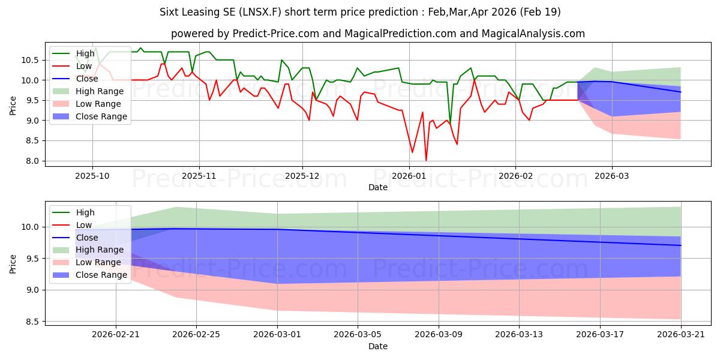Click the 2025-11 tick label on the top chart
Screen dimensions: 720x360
[x=199, y=176]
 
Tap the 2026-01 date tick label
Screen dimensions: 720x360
[x=409, y=176]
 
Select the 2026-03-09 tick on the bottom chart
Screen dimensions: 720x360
[x=439, y=335]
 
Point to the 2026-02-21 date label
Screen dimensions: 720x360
[x=116, y=335]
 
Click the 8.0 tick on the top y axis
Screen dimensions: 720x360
[x=32, y=161]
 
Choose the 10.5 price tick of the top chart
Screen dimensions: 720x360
[x=30, y=60]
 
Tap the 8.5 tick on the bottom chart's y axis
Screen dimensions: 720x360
[x=32, y=322]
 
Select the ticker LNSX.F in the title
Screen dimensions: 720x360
[x=260, y=12]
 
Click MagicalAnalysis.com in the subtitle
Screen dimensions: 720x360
[x=533, y=34]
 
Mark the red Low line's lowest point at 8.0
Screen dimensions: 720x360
[x=426, y=160]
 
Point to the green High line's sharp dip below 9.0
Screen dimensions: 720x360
[x=450, y=124]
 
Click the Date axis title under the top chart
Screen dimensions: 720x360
[x=378, y=187]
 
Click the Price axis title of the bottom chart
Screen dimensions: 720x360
[x=13, y=264]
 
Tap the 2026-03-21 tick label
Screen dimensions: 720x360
[x=681, y=335]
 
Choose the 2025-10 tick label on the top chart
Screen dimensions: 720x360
[x=92, y=176]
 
